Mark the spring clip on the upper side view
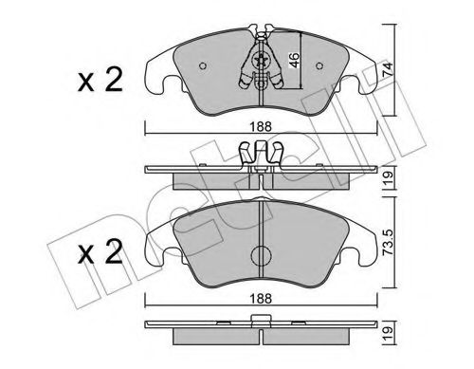pyautogui.click(x=259, y=152)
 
